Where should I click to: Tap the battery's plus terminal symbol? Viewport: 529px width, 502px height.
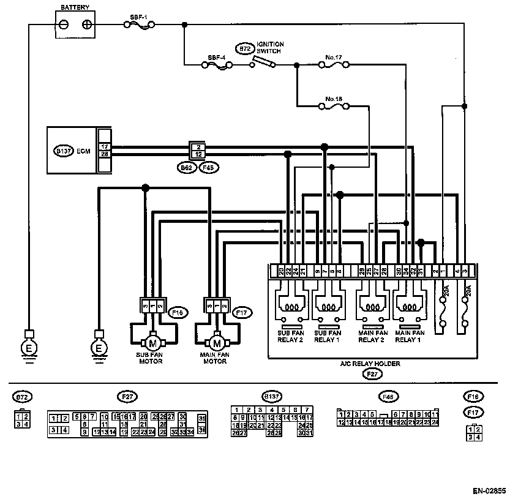tap(88, 25)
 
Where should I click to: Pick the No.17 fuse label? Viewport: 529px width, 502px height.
tap(334, 57)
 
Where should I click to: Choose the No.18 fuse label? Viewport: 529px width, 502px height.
tap(334, 99)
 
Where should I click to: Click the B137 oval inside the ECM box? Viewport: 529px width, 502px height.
tap(64, 151)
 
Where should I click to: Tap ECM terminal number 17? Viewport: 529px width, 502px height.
tap(105, 147)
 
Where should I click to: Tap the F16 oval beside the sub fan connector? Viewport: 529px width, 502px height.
tap(178, 313)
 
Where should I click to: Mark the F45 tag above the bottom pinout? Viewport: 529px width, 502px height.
tap(387, 396)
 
